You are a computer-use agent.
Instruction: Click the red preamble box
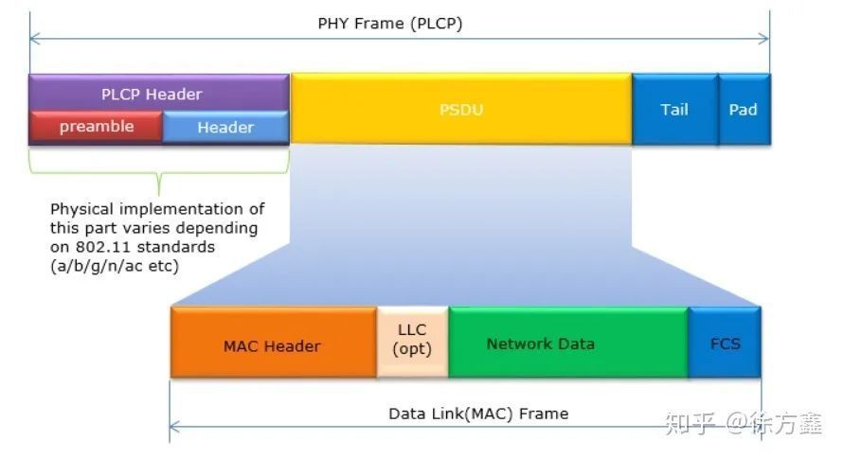(x=96, y=127)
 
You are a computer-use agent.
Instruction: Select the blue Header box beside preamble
(x=225, y=127)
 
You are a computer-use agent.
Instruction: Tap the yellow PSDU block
(x=461, y=109)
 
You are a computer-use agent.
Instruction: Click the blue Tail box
(x=674, y=109)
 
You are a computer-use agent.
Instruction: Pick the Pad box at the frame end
(x=744, y=109)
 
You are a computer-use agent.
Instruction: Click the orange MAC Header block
(x=273, y=344)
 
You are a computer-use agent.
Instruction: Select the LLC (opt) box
(x=412, y=341)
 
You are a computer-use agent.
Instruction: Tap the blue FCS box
(x=726, y=343)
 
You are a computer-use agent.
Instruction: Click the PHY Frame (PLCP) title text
(x=390, y=24)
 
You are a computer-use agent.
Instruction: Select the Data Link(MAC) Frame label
(x=478, y=414)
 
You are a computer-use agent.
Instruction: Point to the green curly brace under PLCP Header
(x=158, y=174)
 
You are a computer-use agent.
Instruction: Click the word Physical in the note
(x=84, y=208)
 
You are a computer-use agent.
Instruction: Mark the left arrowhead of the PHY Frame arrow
(x=33, y=40)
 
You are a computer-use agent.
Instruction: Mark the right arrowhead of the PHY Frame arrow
(x=765, y=40)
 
